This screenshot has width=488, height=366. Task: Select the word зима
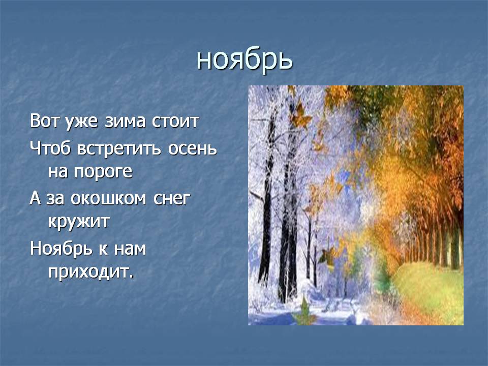click(x=125, y=121)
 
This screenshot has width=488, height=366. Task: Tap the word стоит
click(x=175, y=121)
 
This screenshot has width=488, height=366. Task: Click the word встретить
click(x=119, y=149)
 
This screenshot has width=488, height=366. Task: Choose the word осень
click(x=192, y=149)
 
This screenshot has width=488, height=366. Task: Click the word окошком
click(x=108, y=199)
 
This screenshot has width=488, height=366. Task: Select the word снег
click(x=172, y=199)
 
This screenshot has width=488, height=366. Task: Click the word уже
click(x=81, y=122)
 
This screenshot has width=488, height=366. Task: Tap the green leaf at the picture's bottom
click(x=304, y=312)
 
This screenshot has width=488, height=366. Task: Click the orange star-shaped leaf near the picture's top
click(x=300, y=116)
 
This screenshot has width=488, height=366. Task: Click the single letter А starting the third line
click(x=35, y=198)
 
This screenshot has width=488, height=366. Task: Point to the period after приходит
click(x=131, y=277)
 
